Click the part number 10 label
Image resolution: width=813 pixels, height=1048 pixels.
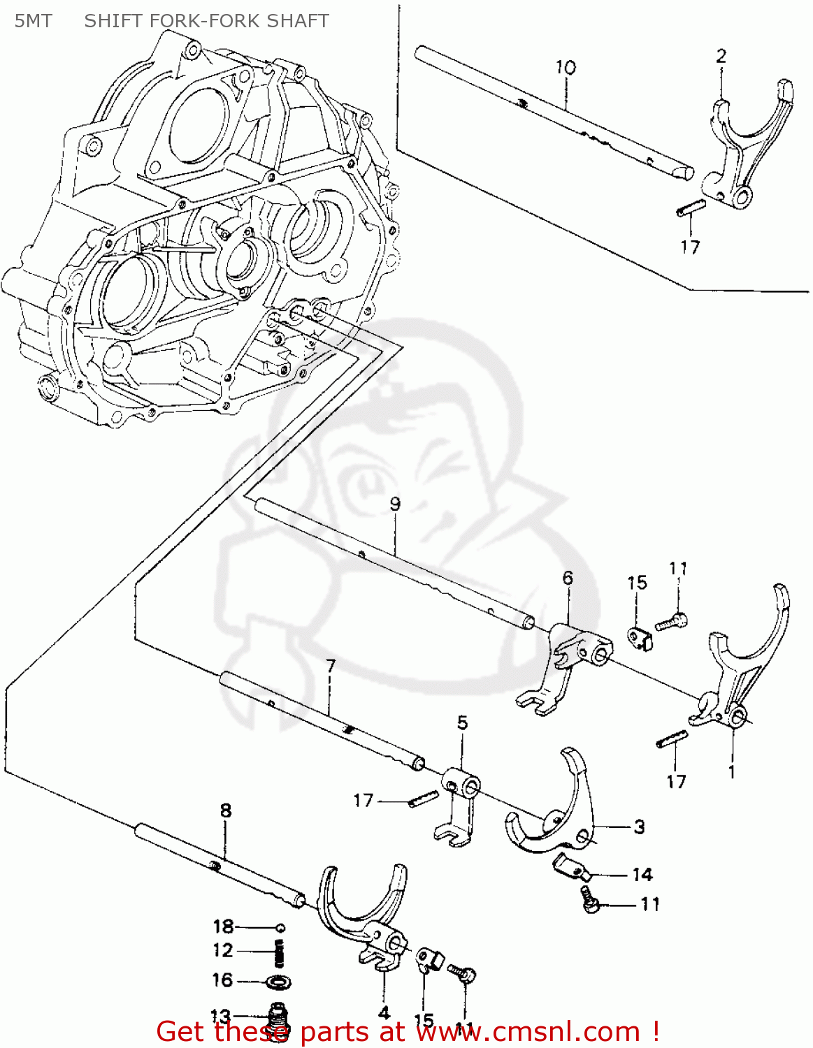click(566, 67)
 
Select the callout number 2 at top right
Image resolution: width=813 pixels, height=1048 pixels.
click(721, 56)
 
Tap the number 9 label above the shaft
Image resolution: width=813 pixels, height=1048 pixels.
click(395, 504)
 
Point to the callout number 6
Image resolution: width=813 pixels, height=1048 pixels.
click(567, 578)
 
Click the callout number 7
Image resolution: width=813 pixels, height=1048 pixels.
click(330, 666)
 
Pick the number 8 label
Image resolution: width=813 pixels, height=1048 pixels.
click(225, 810)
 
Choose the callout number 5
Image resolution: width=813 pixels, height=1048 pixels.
click(462, 722)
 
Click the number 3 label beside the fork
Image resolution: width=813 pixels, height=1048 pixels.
click(639, 827)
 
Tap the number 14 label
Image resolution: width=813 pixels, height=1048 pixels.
click(642, 874)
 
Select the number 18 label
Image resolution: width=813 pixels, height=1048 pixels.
click(223, 926)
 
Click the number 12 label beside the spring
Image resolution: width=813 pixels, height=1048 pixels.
click(223, 950)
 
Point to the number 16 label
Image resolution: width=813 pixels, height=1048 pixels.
click(222, 980)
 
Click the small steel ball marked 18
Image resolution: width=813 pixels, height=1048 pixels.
click(280, 928)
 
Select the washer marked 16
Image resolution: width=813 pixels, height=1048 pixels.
click(280, 982)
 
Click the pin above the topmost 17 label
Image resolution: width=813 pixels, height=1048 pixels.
click(691, 209)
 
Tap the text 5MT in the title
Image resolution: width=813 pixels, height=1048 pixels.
click(33, 21)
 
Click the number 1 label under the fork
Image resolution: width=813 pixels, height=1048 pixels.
click(731, 772)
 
